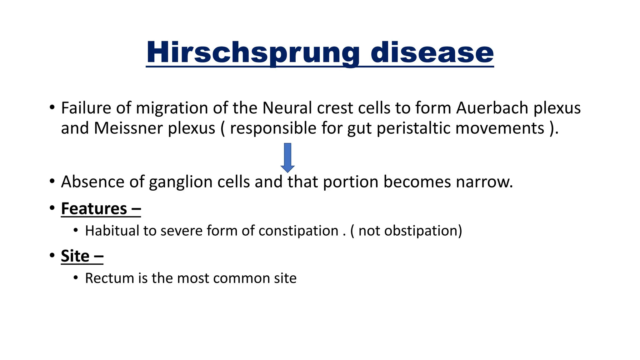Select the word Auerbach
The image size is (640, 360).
click(492, 108)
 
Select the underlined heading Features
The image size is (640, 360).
click(94, 209)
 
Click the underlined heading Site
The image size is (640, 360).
click(75, 256)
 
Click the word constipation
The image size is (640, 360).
click(298, 231)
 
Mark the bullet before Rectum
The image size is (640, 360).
click(76, 278)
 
